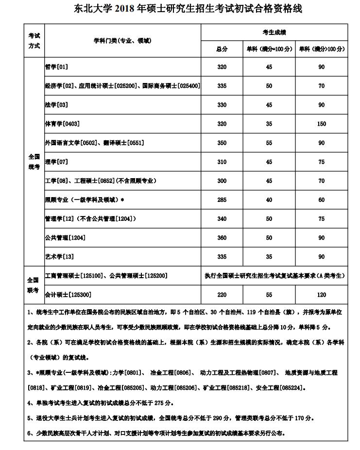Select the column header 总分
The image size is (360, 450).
pos(222,49)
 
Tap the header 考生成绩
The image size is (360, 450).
pos(274,33)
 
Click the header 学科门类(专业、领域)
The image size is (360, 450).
pos(122,41)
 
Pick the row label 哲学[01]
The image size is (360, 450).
pos(56,67)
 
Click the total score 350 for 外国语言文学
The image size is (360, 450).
pos(222,143)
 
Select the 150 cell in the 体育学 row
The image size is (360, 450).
pos(321,124)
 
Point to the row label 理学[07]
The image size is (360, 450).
pos(56,162)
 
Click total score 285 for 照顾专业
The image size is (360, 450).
pos(222,200)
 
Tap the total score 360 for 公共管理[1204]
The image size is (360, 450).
pos(222,238)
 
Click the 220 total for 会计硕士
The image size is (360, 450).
pos(222,295)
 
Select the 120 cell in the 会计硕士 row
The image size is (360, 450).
pos(321,295)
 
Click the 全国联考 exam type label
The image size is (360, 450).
pos(33,285)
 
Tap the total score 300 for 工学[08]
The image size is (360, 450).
pos(222,181)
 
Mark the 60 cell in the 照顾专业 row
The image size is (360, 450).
pos(321,200)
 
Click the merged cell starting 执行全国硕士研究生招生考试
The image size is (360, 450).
pos(274,276)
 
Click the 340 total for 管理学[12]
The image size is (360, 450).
pos(222,219)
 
